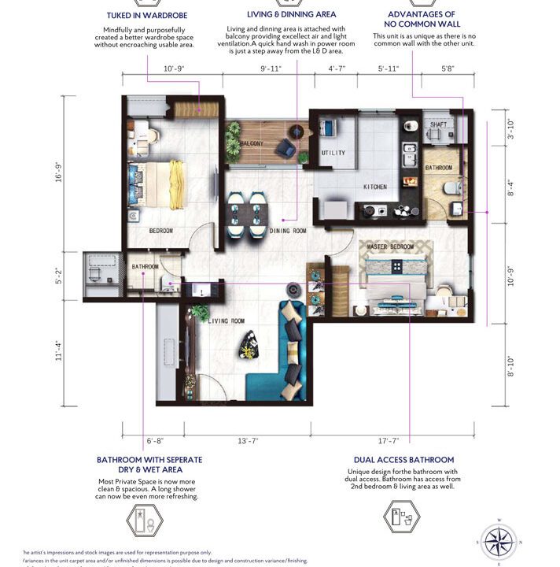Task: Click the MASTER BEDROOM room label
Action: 391,247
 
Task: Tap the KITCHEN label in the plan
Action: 375,187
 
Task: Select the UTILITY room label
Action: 333,153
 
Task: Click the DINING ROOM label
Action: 288,231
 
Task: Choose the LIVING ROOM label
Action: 227,321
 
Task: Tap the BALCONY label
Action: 251,143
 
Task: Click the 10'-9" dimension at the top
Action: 173,70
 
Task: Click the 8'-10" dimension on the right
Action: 510,367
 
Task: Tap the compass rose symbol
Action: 499,542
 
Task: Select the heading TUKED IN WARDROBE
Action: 149,14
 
